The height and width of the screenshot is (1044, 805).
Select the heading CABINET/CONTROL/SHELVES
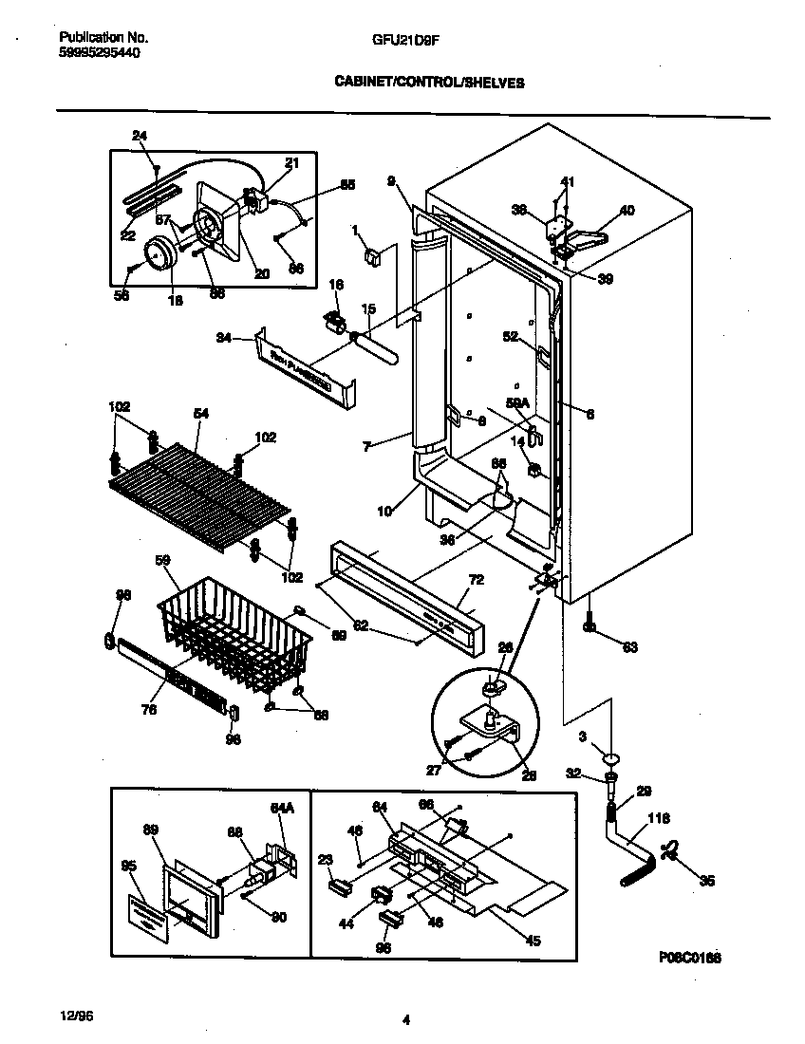coord(429,83)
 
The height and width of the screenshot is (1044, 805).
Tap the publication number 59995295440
coord(100,53)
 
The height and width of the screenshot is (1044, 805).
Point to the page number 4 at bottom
coord(405,1020)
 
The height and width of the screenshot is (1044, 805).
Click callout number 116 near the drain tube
coord(658,817)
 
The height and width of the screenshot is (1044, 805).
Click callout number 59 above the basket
coord(162,561)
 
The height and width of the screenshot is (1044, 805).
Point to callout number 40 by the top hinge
coord(627,210)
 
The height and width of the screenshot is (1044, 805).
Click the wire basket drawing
coord(233,636)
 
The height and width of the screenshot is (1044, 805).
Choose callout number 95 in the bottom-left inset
coord(128,865)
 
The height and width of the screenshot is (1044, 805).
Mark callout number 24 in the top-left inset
coord(140,136)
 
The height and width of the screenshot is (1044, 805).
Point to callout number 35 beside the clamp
coord(706,880)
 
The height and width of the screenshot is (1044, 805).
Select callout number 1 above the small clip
coord(354,230)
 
